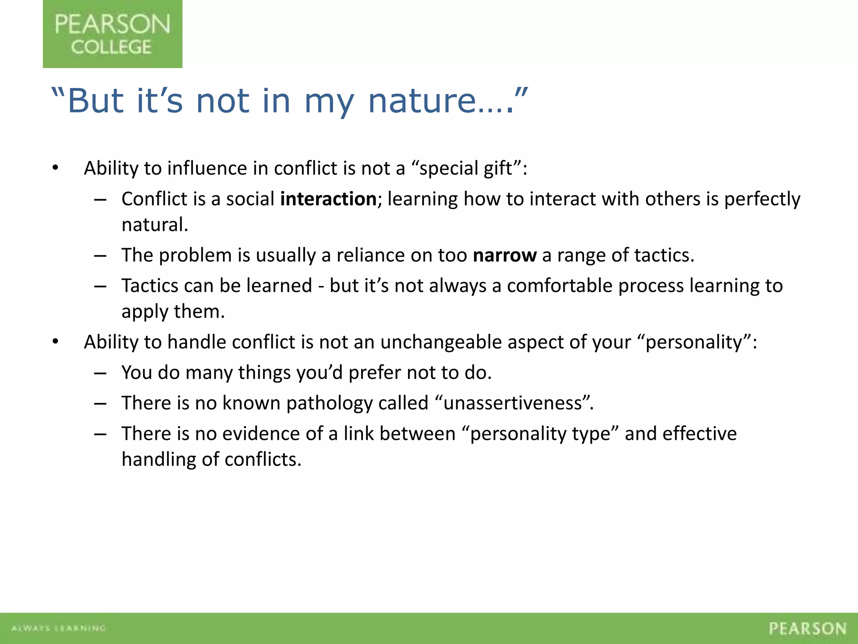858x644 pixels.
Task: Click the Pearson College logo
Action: (112, 34)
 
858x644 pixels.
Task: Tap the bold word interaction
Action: (328, 199)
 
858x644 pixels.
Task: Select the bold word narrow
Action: (504, 255)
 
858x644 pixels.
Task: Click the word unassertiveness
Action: (513, 403)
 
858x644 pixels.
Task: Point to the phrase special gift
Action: (466, 168)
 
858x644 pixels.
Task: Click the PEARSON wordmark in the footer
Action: (807, 628)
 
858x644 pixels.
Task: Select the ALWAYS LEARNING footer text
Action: (58, 628)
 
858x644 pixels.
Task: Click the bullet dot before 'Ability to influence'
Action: (55, 168)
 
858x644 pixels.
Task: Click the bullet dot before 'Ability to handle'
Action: (55, 342)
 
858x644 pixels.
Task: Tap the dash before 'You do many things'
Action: (100, 373)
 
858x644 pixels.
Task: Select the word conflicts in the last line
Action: (262, 460)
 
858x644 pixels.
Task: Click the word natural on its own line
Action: (154, 225)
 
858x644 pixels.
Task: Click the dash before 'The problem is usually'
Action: (100, 255)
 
